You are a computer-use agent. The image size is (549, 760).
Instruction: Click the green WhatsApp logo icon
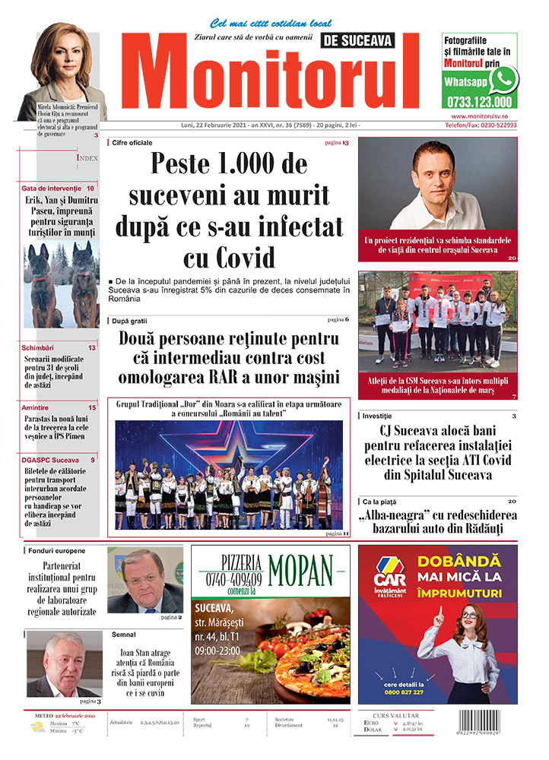503,80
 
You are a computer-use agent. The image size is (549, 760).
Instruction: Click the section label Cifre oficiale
132,143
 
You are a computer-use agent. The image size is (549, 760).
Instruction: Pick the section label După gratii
129,321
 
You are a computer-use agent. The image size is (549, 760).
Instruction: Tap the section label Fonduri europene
56,549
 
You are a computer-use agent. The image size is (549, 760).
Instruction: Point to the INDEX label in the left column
87,158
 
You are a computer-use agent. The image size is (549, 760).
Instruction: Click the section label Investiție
377,416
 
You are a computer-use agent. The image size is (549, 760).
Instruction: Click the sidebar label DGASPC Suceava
50,461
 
